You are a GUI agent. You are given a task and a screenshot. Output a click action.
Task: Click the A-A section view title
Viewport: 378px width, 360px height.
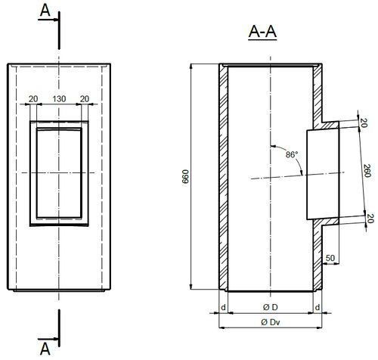[x=262, y=33]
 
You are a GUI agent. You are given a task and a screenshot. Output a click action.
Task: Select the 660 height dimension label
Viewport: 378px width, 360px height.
[x=185, y=176]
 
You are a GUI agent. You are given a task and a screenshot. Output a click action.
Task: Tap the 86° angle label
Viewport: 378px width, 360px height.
[x=292, y=154]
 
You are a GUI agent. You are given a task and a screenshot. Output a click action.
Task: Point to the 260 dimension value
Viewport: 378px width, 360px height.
[x=367, y=170]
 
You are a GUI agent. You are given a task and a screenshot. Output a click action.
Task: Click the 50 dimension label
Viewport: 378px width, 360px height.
[x=330, y=258]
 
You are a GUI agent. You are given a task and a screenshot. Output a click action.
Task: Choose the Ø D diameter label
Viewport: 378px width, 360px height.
[x=271, y=307]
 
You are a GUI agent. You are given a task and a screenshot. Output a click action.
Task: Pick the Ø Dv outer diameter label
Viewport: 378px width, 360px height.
[x=271, y=322]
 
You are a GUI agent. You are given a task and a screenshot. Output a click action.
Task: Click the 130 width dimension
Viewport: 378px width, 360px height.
[x=59, y=99]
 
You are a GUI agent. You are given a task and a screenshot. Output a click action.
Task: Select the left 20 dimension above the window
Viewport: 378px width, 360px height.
[x=33, y=99]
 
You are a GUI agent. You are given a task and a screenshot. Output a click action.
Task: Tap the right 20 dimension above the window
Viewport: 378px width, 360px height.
[x=85, y=99]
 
